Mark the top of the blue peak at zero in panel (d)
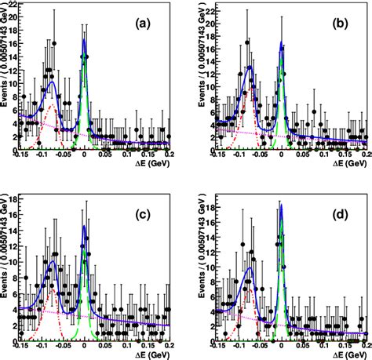pyautogui.click(x=281, y=205)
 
